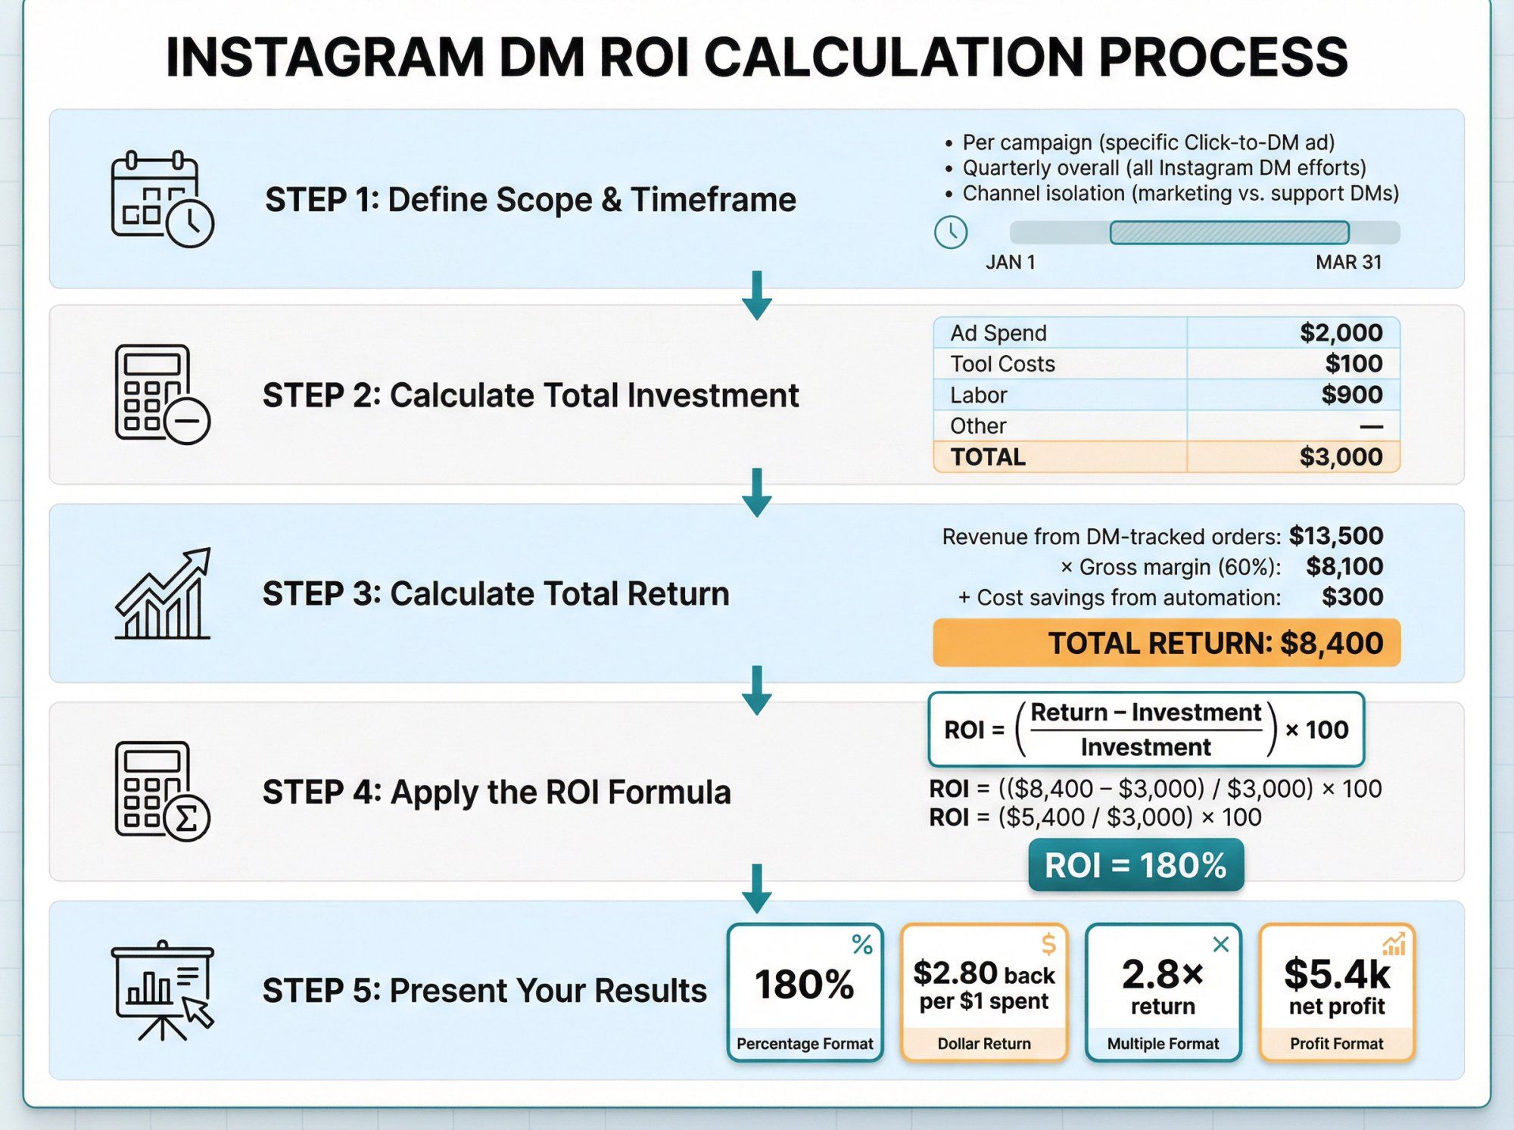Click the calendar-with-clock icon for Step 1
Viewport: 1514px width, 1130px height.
[x=162, y=199]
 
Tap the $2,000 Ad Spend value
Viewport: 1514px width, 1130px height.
[x=1341, y=333]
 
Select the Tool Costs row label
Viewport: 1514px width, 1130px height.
[x=1002, y=364]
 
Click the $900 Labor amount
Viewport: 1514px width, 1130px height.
[x=1351, y=395]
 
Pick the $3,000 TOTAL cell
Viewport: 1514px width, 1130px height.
[x=1341, y=457]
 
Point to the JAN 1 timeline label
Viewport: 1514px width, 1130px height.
[x=1010, y=263]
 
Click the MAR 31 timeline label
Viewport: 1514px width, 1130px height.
[x=1348, y=263]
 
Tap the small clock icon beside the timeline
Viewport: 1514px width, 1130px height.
[x=951, y=232]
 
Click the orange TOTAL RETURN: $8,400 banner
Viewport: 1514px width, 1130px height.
[x=1166, y=643]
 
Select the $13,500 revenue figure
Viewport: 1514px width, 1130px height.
[x=1335, y=536]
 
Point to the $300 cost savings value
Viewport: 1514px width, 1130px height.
[x=1352, y=597]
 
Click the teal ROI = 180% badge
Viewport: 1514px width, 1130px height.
[x=1135, y=865]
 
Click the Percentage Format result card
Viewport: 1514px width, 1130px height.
[x=805, y=992]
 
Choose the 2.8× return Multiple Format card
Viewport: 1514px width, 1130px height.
[x=1163, y=992]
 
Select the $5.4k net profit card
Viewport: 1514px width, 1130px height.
[x=1337, y=992]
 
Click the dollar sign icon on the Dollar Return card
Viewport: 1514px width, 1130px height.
[x=1048, y=944]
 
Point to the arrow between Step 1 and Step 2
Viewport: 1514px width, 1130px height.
[x=756, y=296]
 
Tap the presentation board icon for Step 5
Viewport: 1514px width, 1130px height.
[x=162, y=991]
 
